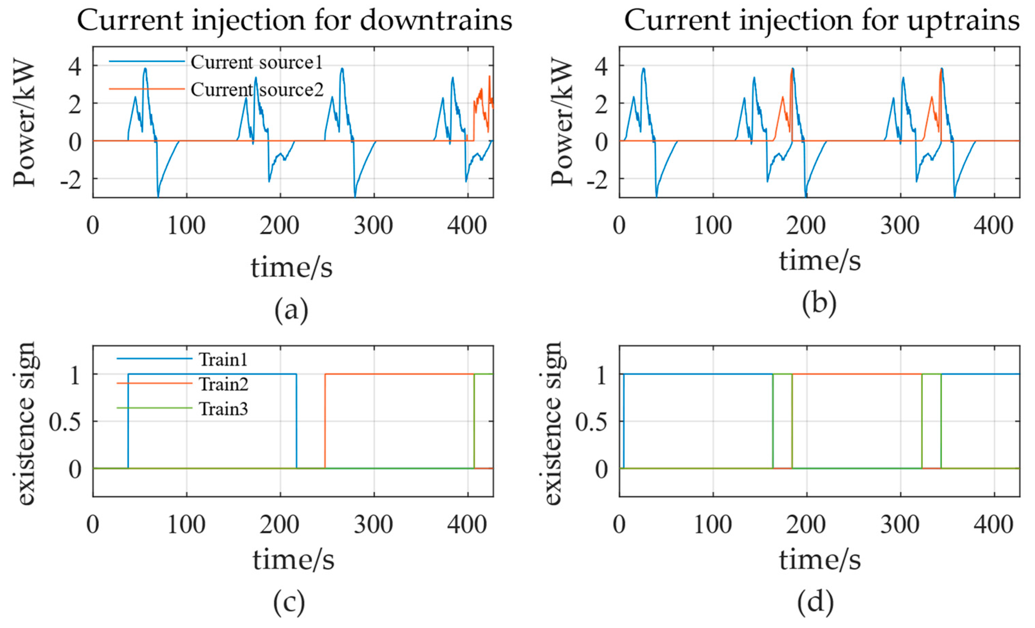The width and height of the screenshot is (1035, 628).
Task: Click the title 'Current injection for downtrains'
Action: coord(294,20)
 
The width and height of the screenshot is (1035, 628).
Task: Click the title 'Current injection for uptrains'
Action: coord(821,20)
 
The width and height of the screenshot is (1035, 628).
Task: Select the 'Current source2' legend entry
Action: coord(257,89)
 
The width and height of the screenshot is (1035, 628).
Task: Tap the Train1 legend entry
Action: coord(223,360)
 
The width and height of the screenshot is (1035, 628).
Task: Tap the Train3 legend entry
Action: coord(223,409)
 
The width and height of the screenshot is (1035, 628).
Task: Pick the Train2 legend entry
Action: coord(223,384)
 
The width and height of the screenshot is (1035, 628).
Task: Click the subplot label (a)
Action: coord(291,310)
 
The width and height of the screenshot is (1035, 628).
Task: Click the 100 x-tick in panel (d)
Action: coord(713,525)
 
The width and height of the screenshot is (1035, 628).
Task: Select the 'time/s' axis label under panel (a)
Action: coord(292,267)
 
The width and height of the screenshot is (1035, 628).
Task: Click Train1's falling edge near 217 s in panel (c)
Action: coord(296,420)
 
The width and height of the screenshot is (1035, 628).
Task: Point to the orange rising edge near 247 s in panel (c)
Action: coord(325,420)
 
